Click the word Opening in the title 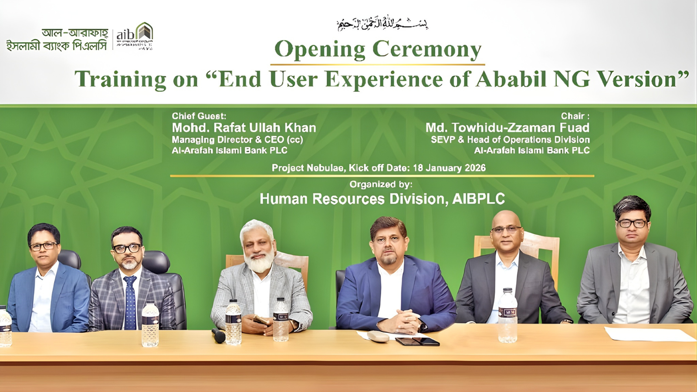320,49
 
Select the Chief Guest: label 199,116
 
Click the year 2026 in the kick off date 475,168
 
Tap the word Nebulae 325,168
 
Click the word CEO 274,140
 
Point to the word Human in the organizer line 284,199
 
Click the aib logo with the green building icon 135,35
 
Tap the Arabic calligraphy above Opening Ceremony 382,24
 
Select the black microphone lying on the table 218,335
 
